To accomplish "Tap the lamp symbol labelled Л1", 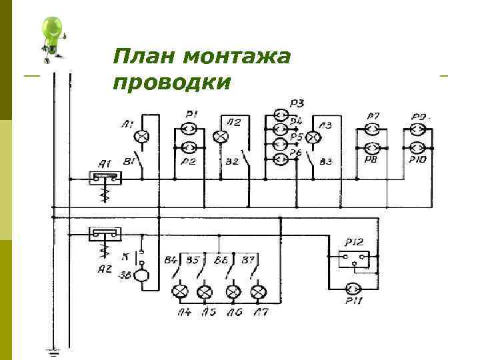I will pyautogui.click(x=142, y=137).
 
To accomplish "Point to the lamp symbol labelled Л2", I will pyautogui.click(x=221, y=137).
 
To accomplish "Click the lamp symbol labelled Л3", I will pyautogui.click(x=311, y=138).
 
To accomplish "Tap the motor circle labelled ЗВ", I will pyautogui.click(x=141, y=276).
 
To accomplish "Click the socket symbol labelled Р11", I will pyautogui.click(x=353, y=288).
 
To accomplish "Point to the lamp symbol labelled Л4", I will pyautogui.click(x=179, y=291).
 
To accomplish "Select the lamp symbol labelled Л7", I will pyautogui.click(x=259, y=291).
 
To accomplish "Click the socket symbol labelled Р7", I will pyautogui.click(x=373, y=129).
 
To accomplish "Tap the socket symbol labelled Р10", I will pyautogui.click(x=418, y=147).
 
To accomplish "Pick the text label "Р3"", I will pyautogui.click(x=297, y=103).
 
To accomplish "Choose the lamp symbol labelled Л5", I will pyautogui.click(x=206, y=291).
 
